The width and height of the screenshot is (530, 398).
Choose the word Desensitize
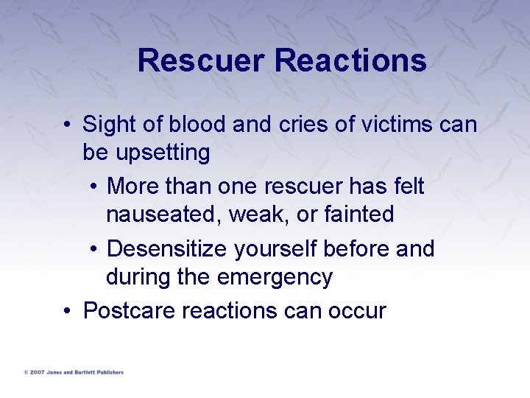167,249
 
